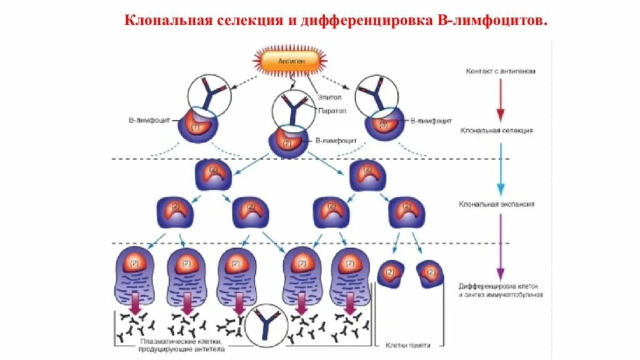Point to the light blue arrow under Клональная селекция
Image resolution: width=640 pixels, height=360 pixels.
point(499,167)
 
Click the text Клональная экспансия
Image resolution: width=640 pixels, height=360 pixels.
point(496,204)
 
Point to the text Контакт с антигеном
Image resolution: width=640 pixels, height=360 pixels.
point(500,71)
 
